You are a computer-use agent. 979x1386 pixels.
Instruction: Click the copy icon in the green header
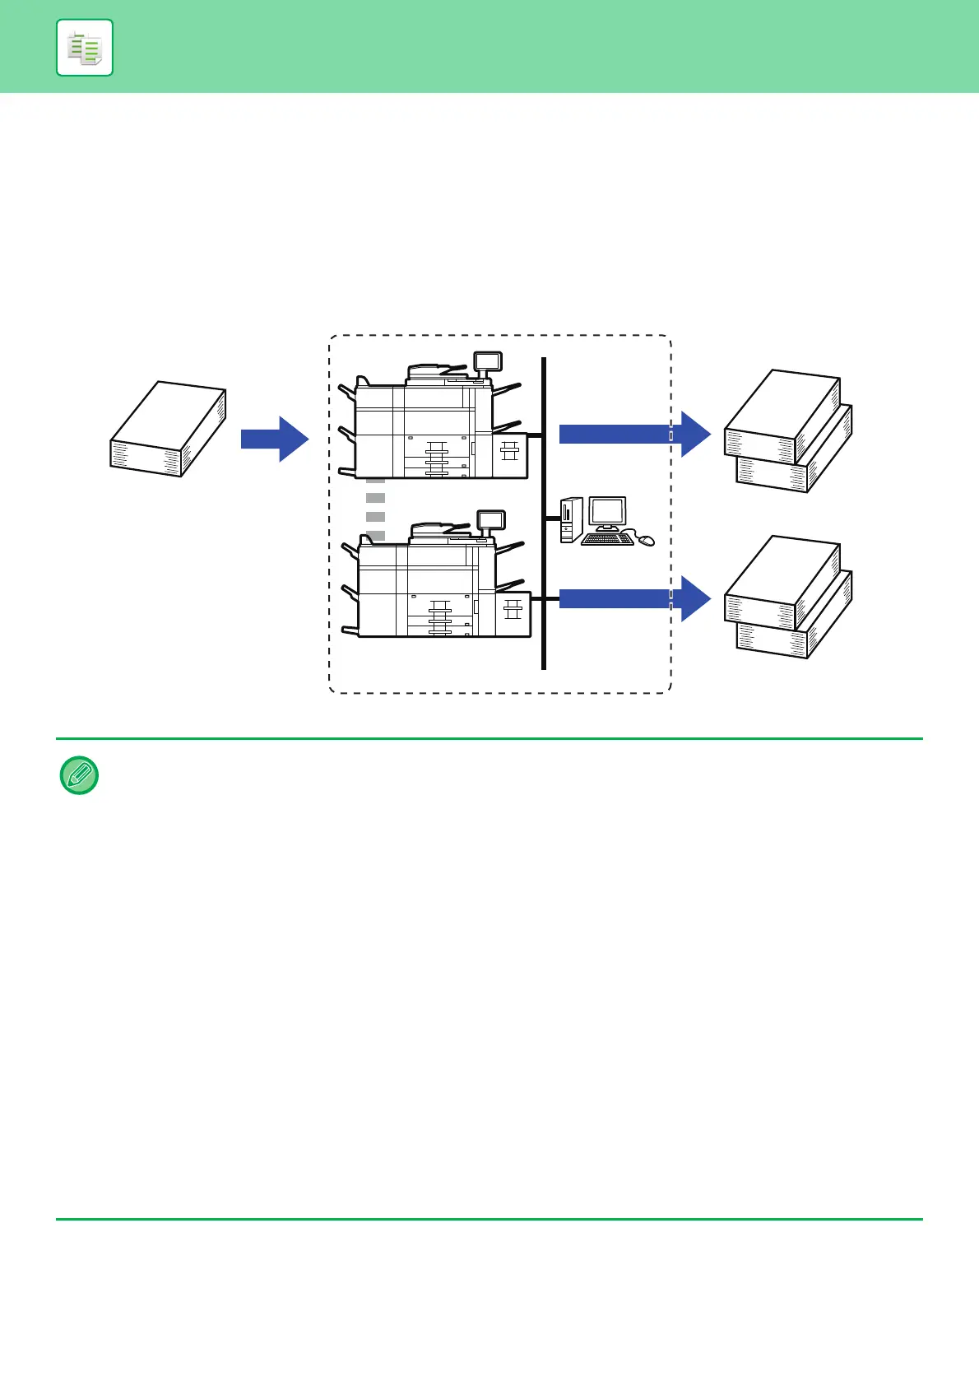point(85,48)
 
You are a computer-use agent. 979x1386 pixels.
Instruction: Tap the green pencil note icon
point(79,775)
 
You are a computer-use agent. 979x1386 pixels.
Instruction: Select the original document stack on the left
point(168,429)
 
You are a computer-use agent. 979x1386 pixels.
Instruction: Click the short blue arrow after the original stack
point(274,439)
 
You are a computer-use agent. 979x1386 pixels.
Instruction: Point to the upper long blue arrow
point(633,434)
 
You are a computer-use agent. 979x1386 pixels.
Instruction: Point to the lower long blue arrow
point(633,598)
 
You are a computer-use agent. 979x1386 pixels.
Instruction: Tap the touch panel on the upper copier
point(488,360)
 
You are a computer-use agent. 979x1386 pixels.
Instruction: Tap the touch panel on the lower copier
point(492,519)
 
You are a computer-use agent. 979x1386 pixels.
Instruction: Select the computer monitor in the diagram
point(607,514)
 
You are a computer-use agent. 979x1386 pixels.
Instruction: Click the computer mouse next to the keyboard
point(647,541)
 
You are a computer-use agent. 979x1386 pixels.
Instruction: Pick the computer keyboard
point(607,540)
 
